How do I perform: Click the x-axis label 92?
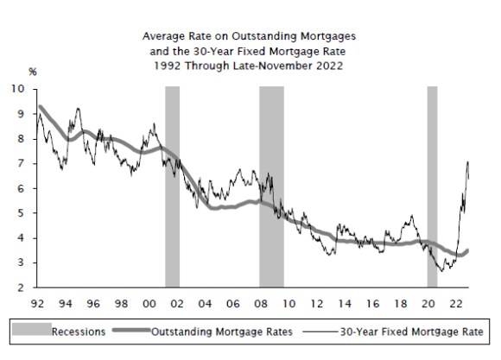[x=36, y=304]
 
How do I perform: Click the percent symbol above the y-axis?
[x=33, y=71]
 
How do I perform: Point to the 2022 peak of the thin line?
[x=467, y=161]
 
